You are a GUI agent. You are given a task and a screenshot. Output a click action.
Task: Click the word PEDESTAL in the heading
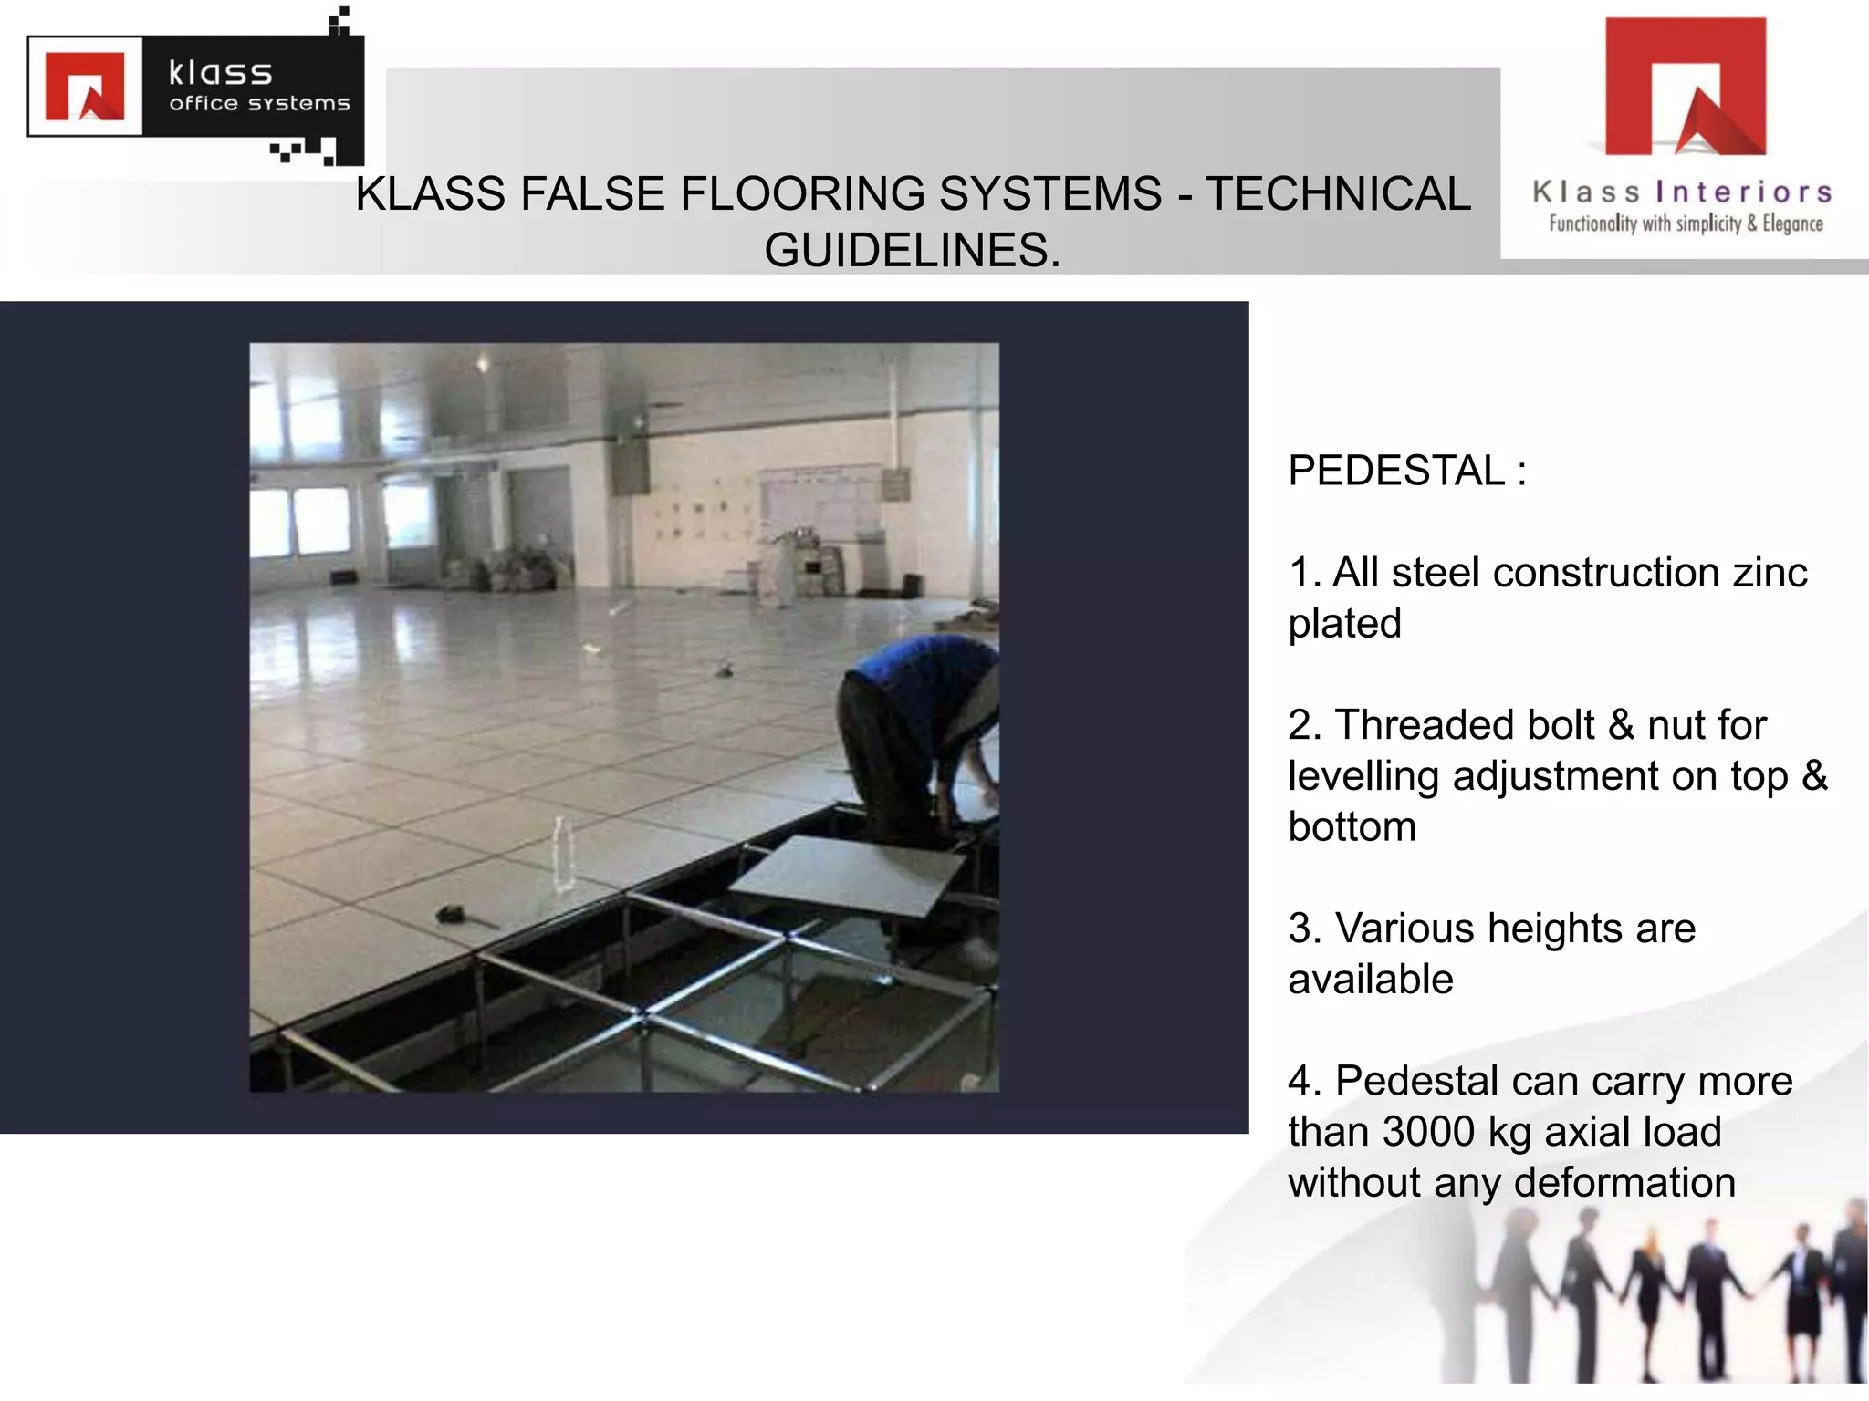coord(1395,472)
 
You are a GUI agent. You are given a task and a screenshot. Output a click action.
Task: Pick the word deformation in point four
coord(1624,1183)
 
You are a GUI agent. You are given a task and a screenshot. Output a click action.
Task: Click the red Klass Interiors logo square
coord(1685,86)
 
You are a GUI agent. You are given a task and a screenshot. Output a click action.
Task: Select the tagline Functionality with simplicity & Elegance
coord(1686,223)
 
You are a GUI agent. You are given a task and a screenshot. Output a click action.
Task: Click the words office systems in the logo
coord(259,104)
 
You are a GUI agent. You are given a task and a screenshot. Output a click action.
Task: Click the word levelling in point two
coord(1363,776)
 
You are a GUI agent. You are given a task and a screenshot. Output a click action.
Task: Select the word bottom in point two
coord(1352,827)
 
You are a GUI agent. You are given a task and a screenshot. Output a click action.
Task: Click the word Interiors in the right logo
coord(1743,192)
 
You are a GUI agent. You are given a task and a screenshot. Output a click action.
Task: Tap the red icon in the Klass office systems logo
coord(85,87)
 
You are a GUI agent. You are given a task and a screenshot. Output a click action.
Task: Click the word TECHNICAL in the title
coord(1338,194)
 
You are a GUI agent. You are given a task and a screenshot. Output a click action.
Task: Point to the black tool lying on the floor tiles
coord(454,913)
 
